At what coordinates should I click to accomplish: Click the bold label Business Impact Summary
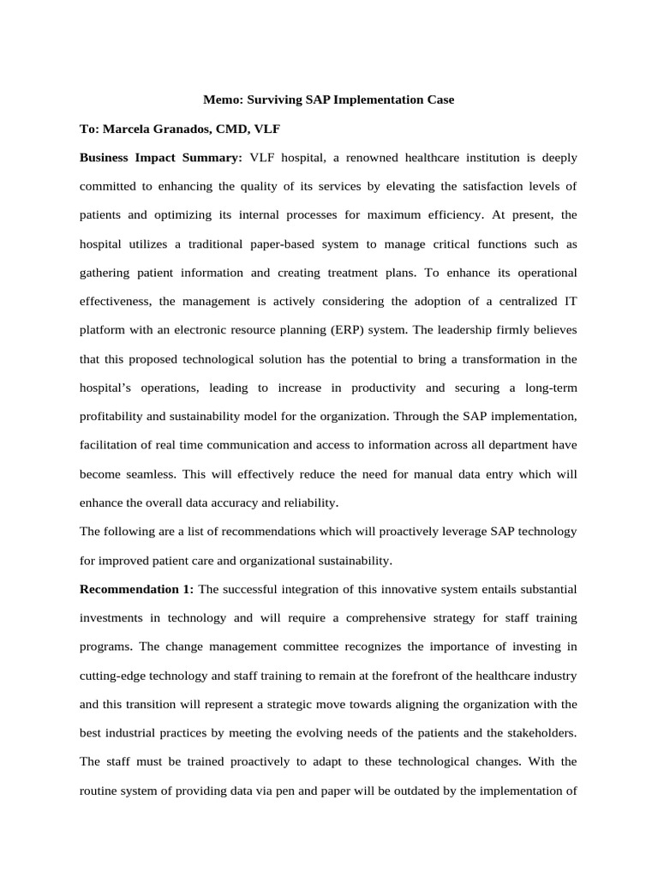pos(161,158)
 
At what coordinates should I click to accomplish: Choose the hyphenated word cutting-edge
pos(115,676)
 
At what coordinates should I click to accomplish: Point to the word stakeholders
pos(536,733)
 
